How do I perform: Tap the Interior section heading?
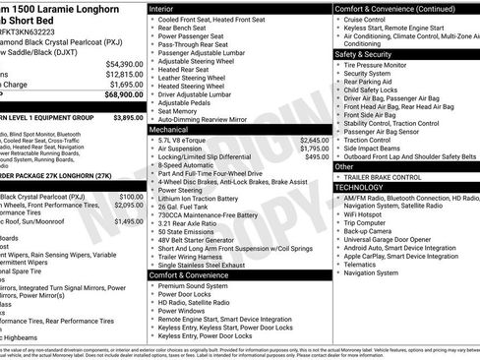tap(161, 7)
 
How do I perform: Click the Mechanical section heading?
tap(169, 129)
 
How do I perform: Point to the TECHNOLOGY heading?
tap(359, 186)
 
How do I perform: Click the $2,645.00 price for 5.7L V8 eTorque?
tap(308, 141)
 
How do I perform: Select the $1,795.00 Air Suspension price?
tap(308, 149)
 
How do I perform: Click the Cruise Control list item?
tap(366, 20)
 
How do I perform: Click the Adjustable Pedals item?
tap(185, 102)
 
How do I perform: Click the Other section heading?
tap(344, 166)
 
